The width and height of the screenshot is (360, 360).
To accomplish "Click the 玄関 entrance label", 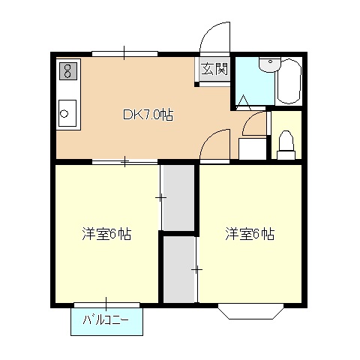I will (214, 70).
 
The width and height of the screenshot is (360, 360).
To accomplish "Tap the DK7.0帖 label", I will (148, 115).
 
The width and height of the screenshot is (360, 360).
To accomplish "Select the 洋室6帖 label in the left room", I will (106, 234).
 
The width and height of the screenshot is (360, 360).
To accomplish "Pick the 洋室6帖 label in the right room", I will (250, 234).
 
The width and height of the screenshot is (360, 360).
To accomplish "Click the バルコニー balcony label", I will (106, 321).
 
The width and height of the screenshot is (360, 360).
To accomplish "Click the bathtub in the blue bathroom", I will (289, 82).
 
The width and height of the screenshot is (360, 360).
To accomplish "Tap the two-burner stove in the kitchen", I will (67, 71).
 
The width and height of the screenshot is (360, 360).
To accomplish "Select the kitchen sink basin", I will (66, 115).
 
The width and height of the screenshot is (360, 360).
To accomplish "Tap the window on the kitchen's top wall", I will (124, 53).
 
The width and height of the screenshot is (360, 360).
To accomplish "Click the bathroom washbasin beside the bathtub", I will (267, 66).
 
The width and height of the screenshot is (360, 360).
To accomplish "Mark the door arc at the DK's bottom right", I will (216, 144).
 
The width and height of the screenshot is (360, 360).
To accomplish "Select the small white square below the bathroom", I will (252, 148).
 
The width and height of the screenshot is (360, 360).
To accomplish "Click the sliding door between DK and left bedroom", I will (124, 161).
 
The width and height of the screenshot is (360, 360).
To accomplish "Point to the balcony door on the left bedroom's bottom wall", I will (106, 304).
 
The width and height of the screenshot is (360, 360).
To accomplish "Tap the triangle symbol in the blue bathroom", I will (244, 103).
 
